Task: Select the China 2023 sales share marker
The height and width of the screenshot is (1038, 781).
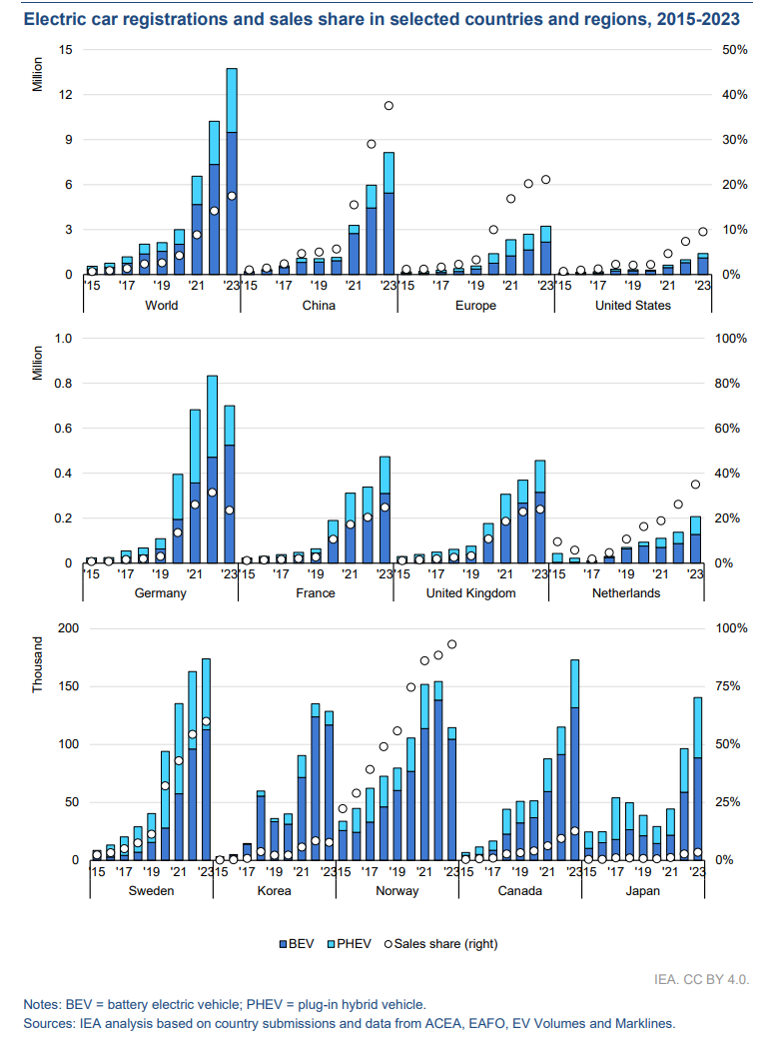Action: (389, 106)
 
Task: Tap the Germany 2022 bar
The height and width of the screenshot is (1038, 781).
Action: (213, 470)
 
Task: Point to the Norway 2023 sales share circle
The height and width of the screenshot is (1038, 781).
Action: (451, 644)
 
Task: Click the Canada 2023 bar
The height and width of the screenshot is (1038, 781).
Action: (574, 759)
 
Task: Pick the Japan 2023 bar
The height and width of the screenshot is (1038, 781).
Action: (698, 779)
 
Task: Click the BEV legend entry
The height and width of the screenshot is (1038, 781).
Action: (298, 942)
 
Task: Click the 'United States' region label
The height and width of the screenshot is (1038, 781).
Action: (632, 306)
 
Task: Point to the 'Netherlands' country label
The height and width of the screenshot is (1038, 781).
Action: (626, 593)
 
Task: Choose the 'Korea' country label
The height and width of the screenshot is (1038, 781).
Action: (274, 890)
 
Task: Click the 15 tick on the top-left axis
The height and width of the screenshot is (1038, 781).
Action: (66, 50)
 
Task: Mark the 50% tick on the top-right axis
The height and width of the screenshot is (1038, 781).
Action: (734, 50)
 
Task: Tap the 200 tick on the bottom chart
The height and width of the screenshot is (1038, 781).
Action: (61, 628)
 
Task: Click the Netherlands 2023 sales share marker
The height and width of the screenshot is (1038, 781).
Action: (696, 485)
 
